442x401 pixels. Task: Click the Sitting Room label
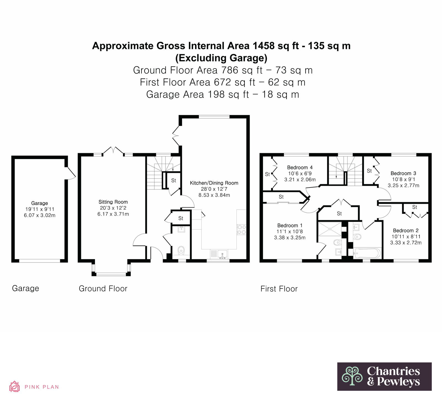click(x=113, y=202)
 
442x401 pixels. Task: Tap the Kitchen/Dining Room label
click(x=214, y=183)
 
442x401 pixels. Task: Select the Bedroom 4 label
click(x=300, y=168)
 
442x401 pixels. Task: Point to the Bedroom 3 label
click(x=403, y=173)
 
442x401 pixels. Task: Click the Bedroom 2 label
click(x=406, y=231)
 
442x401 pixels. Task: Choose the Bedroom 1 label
click(x=290, y=226)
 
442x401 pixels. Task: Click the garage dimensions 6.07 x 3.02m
click(x=40, y=215)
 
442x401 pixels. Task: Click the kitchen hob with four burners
click(x=241, y=230)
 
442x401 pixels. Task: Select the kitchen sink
click(x=222, y=254)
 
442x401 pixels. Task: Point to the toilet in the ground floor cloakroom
click(x=181, y=250)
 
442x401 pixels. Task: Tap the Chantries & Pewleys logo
click(x=384, y=376)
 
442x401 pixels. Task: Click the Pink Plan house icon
click(x=14, y=387)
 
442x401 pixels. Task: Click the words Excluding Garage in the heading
click(x=221, y=58)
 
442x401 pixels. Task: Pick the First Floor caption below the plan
click(x=279, y=289)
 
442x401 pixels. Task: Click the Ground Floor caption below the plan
click(x=103, y=289)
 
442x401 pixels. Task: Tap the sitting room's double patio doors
click(x=113, y=151)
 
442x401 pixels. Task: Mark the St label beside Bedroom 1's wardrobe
click(x=281, y=197)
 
